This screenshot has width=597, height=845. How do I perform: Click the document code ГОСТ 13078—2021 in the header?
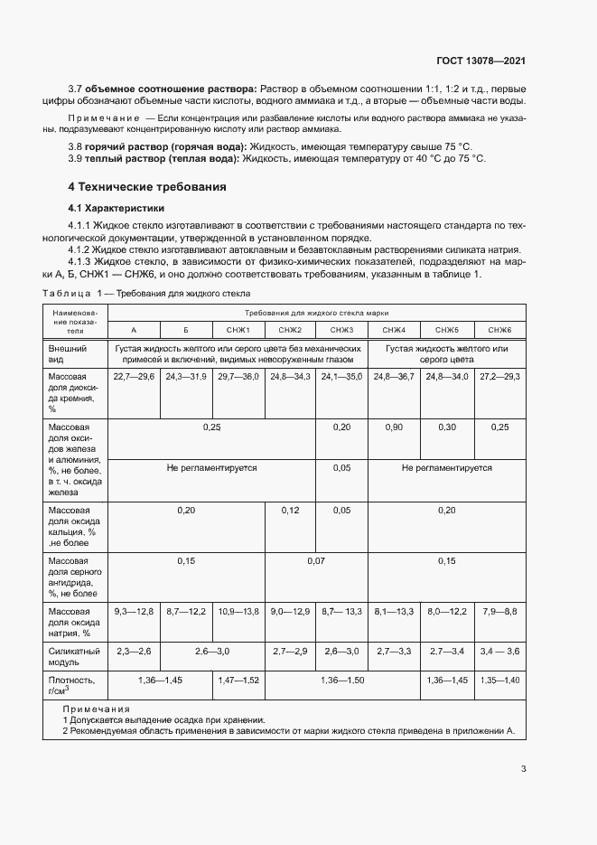pyautogui.click(x=481, y=61)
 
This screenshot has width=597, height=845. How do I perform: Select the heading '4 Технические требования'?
pyautogui.click(x=147, y=187)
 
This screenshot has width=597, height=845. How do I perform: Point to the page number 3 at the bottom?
pyautogui.click(x=524, y=770)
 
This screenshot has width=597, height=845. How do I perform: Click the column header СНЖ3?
pyautogui.click(x=341, y=331)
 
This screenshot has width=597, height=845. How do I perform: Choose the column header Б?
pyautogui.click(x=186, y=331)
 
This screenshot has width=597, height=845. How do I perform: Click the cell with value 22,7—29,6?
pyautogui.click(x=134, y=376)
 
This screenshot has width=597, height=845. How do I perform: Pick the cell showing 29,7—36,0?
pyautogui.click(x=238, y=376)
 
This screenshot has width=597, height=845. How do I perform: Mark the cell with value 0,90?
pyautogui.click(x=394, y=427)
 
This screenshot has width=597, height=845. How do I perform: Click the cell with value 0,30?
pyautogui.click(x=446, y=427)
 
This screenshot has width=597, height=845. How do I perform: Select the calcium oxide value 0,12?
pyautogui.click(x=290, y=511)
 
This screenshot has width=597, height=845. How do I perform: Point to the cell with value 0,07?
pyautogui.click(x=316, y=561)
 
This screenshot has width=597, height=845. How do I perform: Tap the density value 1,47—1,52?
pyautogui.click(x=238, y=680)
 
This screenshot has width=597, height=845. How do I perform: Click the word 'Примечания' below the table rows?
pyautogui.click(x=96, y=709)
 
